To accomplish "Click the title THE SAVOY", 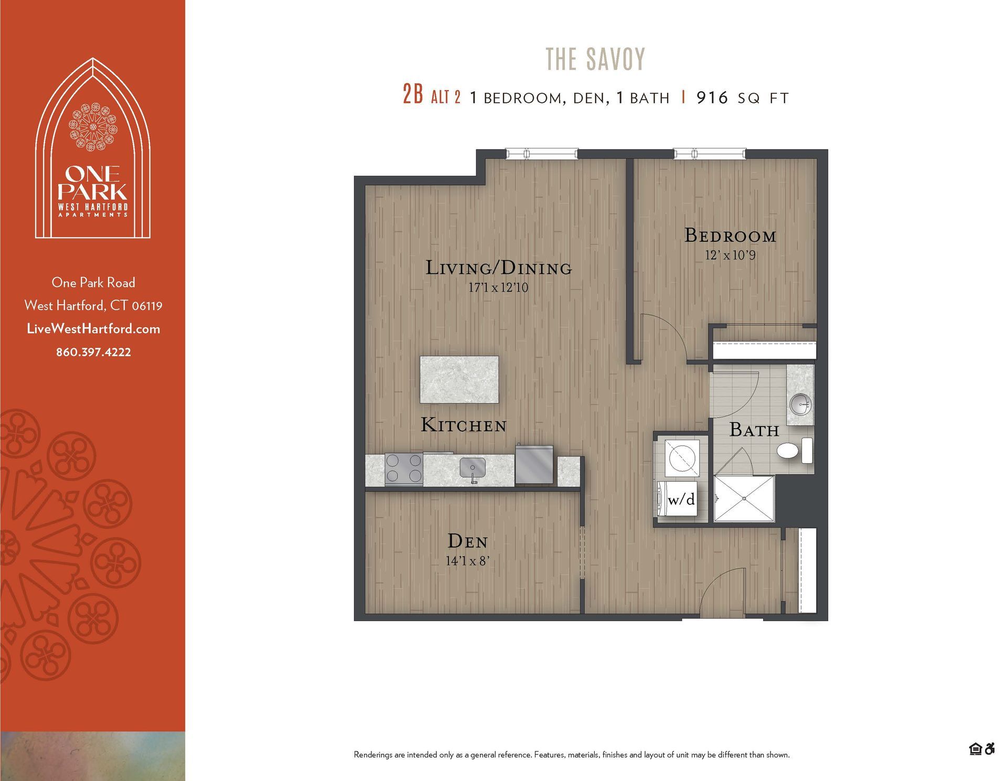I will pos(595,59).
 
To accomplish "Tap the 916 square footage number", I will pos(712,98).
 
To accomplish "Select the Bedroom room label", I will pos(730,236).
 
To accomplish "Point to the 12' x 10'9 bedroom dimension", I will pos(730,255).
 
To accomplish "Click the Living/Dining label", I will pos(498,268).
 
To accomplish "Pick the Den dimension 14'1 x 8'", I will pos(467,561).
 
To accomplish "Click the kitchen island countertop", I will pos(459,380).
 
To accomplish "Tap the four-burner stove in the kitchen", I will pos(403,468).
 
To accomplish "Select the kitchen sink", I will pos(473,468).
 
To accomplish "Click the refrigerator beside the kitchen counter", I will pos(534,465).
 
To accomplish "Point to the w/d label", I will pos(681,499).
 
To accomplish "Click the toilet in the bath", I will pos(788,451).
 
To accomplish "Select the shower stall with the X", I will pos(744,499).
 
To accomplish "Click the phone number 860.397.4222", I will pos(93,352).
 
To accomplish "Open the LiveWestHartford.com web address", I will pos(93,329).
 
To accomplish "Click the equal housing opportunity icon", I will pos(975,749).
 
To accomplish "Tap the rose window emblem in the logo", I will pos(93,126).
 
